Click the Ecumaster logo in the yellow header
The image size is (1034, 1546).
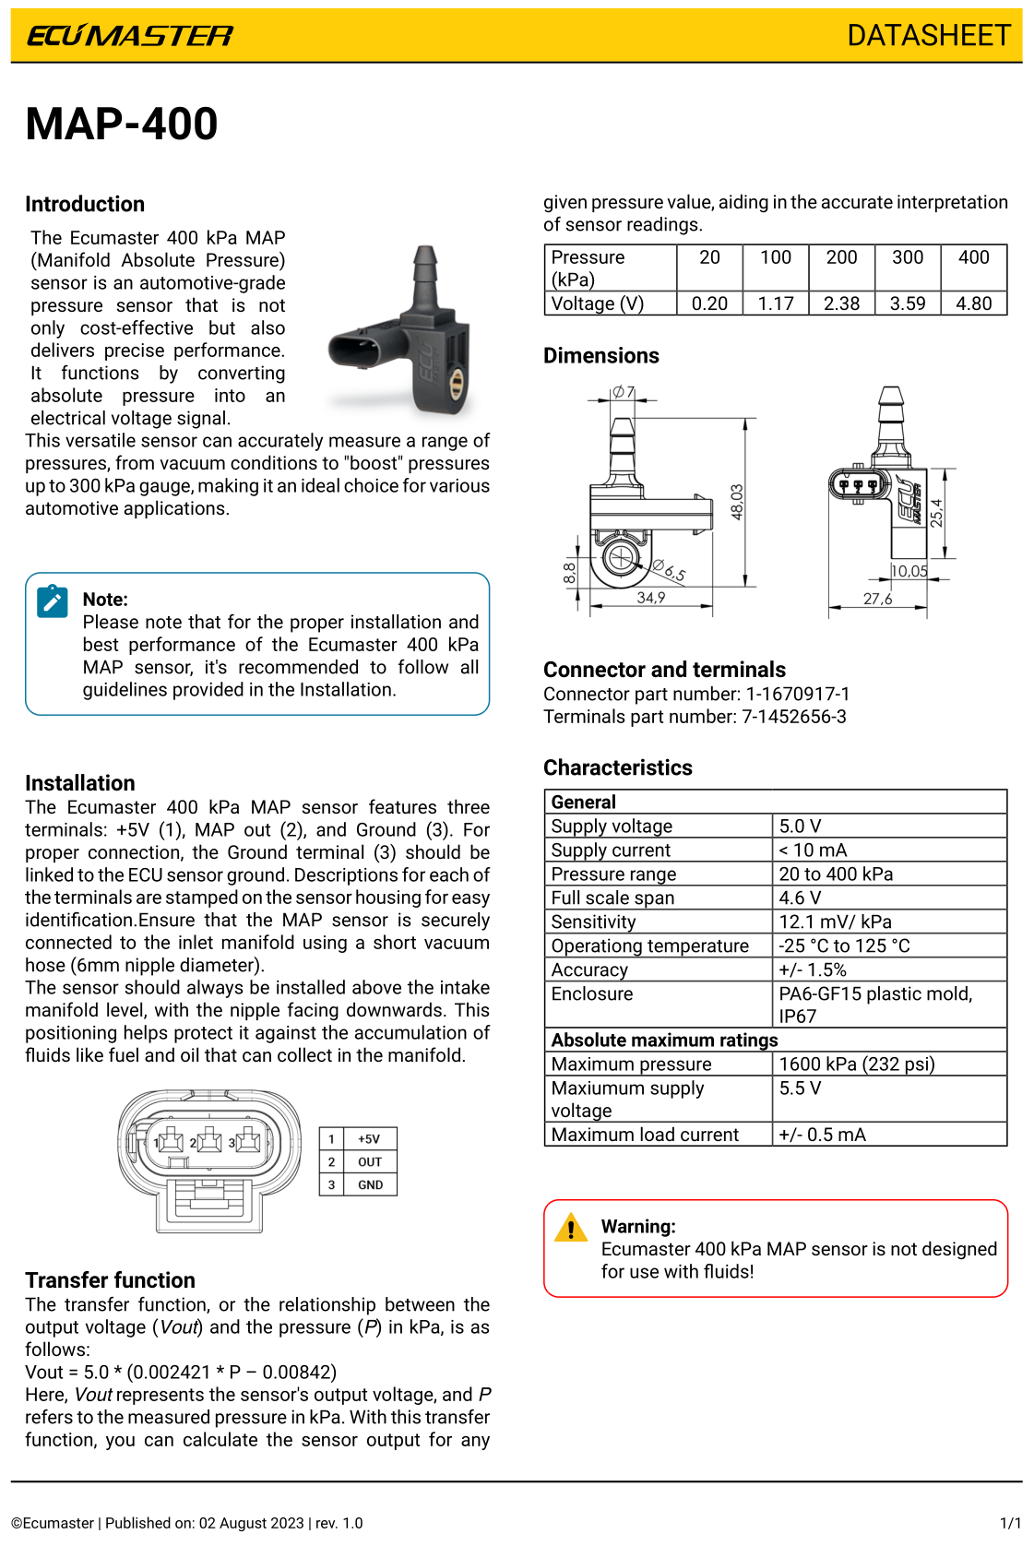coord(130,36)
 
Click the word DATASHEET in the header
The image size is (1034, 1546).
coord(929,36)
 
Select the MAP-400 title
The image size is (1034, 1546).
coord(122,125)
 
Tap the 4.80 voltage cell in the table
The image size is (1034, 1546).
coord(973,303)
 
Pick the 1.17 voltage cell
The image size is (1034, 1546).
coord(776,303)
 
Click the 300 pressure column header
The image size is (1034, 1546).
coord(908,257)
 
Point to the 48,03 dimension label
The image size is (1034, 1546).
coord(737,502)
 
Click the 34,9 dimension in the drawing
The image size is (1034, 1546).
coord(651,598)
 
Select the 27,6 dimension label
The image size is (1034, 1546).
coord(877,599)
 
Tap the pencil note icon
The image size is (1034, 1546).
coord(53,601)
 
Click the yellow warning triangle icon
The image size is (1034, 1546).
coord(571,1228)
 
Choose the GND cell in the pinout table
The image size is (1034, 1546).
coord(370,1185)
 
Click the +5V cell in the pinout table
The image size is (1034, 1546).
coord(369,1139)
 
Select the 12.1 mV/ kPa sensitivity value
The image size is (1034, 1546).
coord(835,922)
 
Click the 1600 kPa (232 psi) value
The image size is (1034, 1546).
coord(857,1064)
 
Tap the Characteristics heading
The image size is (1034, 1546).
coord(617,767)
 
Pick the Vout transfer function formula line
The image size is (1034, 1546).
coord(181,1372)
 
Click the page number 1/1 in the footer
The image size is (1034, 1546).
coord(1010,1523)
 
